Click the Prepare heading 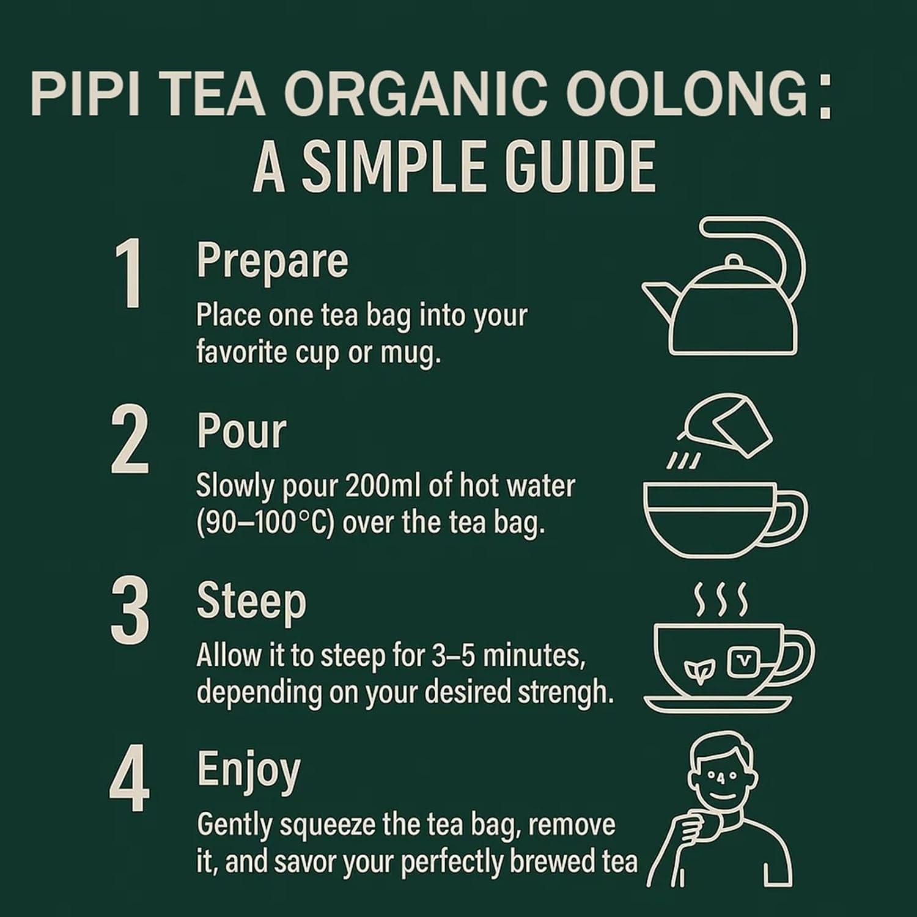(272, 262)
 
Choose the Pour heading (241, 432)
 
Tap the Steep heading (251, 602)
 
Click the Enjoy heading (248, 770)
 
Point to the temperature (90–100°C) (265, 524)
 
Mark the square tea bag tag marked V (742, 660)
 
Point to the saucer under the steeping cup (718, 703)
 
